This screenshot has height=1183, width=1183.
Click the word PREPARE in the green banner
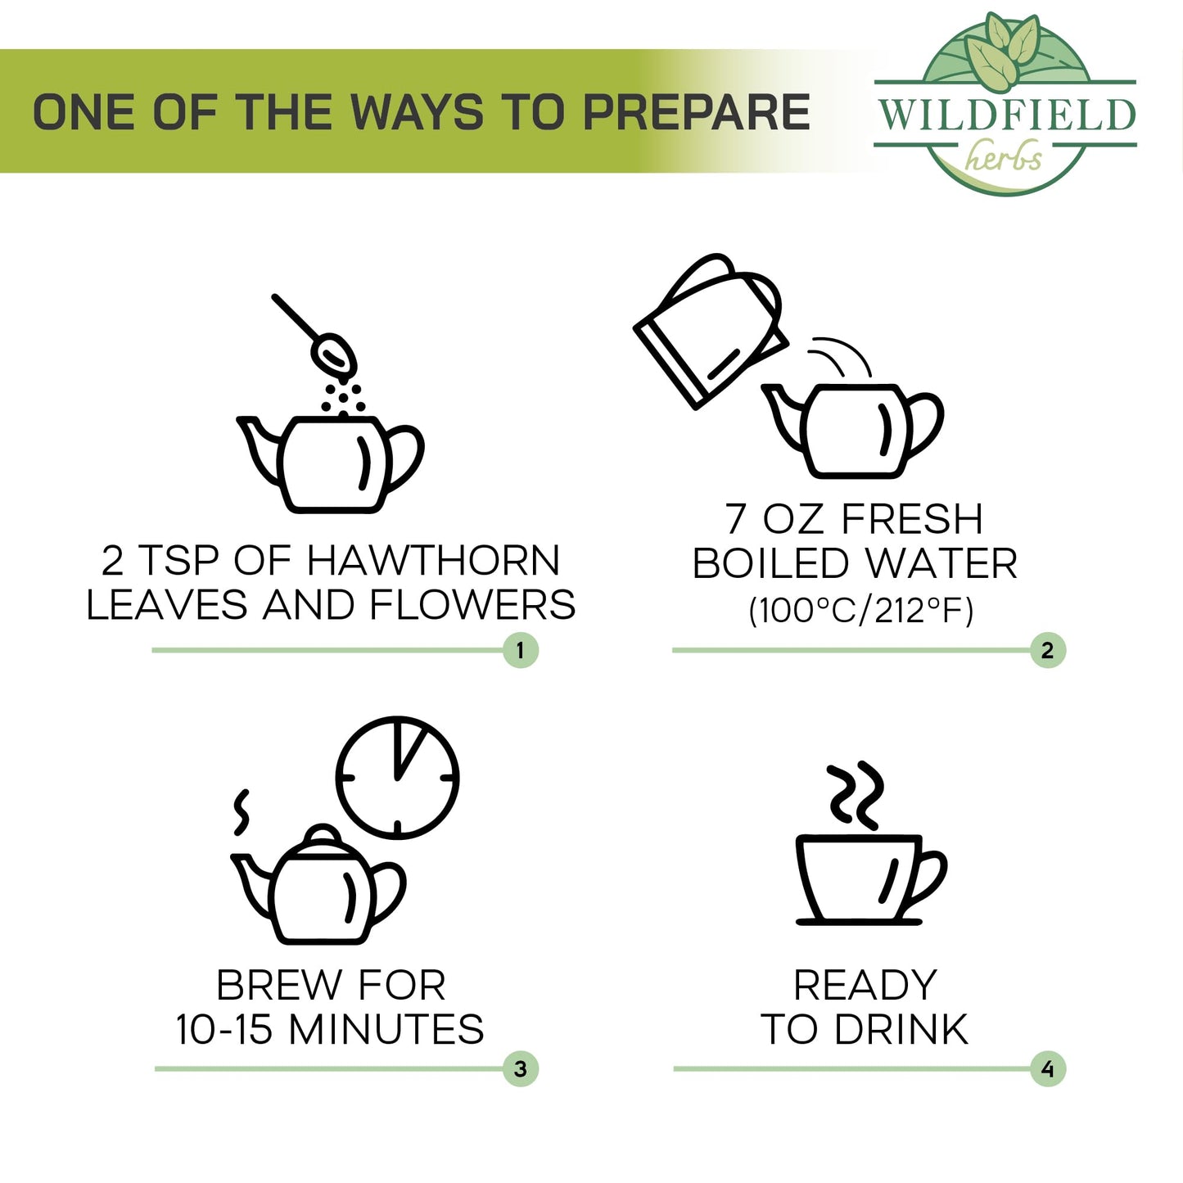[697, 111]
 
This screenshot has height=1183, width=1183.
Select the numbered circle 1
[521, 650]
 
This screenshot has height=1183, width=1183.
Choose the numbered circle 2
[1048, 650]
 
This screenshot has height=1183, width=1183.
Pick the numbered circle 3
[521, 1069]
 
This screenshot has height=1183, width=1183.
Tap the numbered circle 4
[1048, 1069]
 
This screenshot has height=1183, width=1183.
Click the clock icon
[397, 777]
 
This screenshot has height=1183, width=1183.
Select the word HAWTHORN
[433, 561]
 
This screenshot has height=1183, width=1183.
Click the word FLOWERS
[472, 605]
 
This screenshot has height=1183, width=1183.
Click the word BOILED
[770, 563]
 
